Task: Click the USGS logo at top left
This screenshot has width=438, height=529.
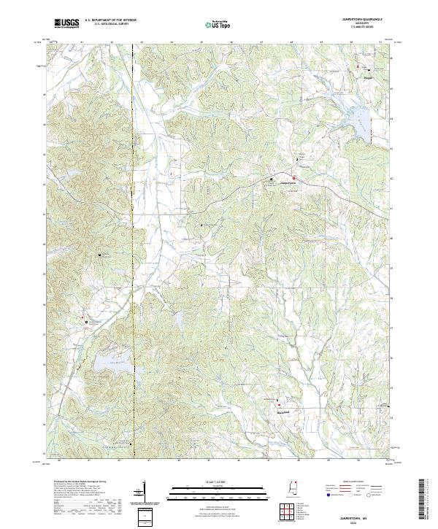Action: pos(66,24)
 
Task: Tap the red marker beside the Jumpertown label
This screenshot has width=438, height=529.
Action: pos(294,179)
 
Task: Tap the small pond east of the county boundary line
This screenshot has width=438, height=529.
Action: pos(177,319)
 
